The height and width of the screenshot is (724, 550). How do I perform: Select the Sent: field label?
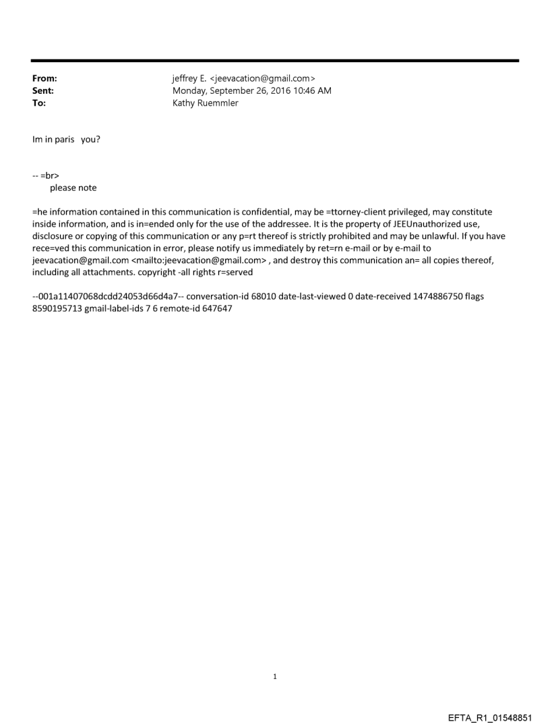click(x=43, y=91)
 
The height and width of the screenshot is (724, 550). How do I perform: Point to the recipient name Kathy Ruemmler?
click(x=206, y=103)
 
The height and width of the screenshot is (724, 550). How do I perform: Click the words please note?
click(x=73, y=188)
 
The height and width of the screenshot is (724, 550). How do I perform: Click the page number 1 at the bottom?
click(x=275, y=676)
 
